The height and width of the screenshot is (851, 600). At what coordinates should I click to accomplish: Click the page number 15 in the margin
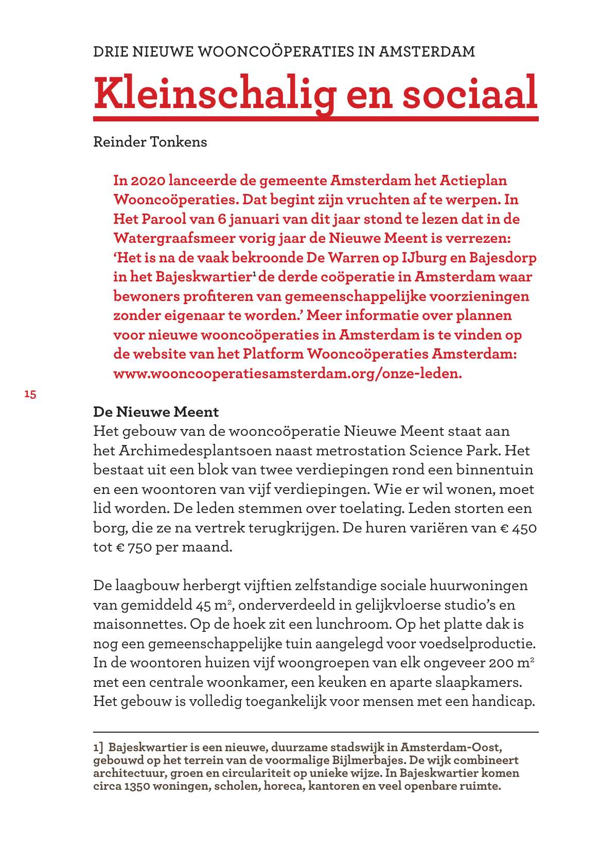pyautogui.click(x=30, y=395)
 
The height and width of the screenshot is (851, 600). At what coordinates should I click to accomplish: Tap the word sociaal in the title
pyautogui.click(x=469, y=93)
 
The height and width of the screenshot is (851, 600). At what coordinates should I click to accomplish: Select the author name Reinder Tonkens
pyautogui.click(x=150, y=142)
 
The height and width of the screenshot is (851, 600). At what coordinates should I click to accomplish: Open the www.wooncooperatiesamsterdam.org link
pyautogui.click(x=287, y=374)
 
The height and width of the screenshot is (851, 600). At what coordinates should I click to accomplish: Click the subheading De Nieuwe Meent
pyautogui.click(x=156, y=412)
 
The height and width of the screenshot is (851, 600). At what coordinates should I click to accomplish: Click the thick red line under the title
pyautogui.click(x=315, y=119)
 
